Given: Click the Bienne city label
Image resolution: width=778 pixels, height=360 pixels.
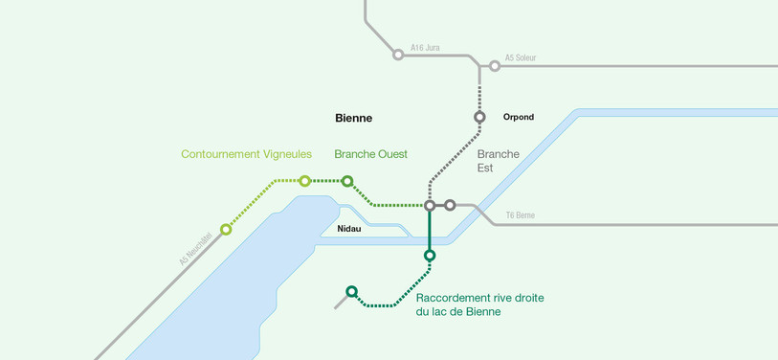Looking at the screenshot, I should coord(353,119).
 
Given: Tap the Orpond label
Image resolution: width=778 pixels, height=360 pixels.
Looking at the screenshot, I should coord(518,118).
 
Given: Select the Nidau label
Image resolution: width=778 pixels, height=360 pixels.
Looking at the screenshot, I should coord(348,229).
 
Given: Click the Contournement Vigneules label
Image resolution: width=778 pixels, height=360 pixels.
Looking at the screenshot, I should coord(246,154).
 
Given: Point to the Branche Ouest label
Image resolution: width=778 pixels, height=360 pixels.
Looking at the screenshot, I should coord(370,154).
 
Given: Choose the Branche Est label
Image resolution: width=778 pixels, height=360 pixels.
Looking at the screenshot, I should coord(498,161).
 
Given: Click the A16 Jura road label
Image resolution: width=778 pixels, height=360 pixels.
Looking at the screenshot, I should coord(425,47).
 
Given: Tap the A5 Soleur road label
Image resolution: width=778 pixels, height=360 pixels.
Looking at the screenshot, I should coord(521,57).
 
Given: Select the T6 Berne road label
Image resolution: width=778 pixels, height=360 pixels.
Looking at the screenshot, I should coord(520,215).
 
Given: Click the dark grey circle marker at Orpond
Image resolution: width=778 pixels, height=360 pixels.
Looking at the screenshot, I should coord(479,118).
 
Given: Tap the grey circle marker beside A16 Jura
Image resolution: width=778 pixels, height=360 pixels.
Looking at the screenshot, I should coord(398,55).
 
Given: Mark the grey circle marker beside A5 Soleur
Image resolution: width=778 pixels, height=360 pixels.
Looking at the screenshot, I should coord(495,66).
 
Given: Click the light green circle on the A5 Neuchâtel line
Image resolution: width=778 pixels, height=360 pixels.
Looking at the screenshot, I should coord(226,230).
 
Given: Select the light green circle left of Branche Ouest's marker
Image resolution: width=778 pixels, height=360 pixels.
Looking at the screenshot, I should coord(304,181).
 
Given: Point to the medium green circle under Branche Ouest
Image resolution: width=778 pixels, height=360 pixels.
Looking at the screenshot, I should coord(347,181).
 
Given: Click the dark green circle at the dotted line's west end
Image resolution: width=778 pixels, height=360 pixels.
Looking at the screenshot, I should coord(351,291).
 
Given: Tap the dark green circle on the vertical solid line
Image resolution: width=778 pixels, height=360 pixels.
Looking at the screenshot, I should coord(430,256).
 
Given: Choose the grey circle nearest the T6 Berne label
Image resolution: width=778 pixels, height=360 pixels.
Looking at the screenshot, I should coord(450,205).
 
